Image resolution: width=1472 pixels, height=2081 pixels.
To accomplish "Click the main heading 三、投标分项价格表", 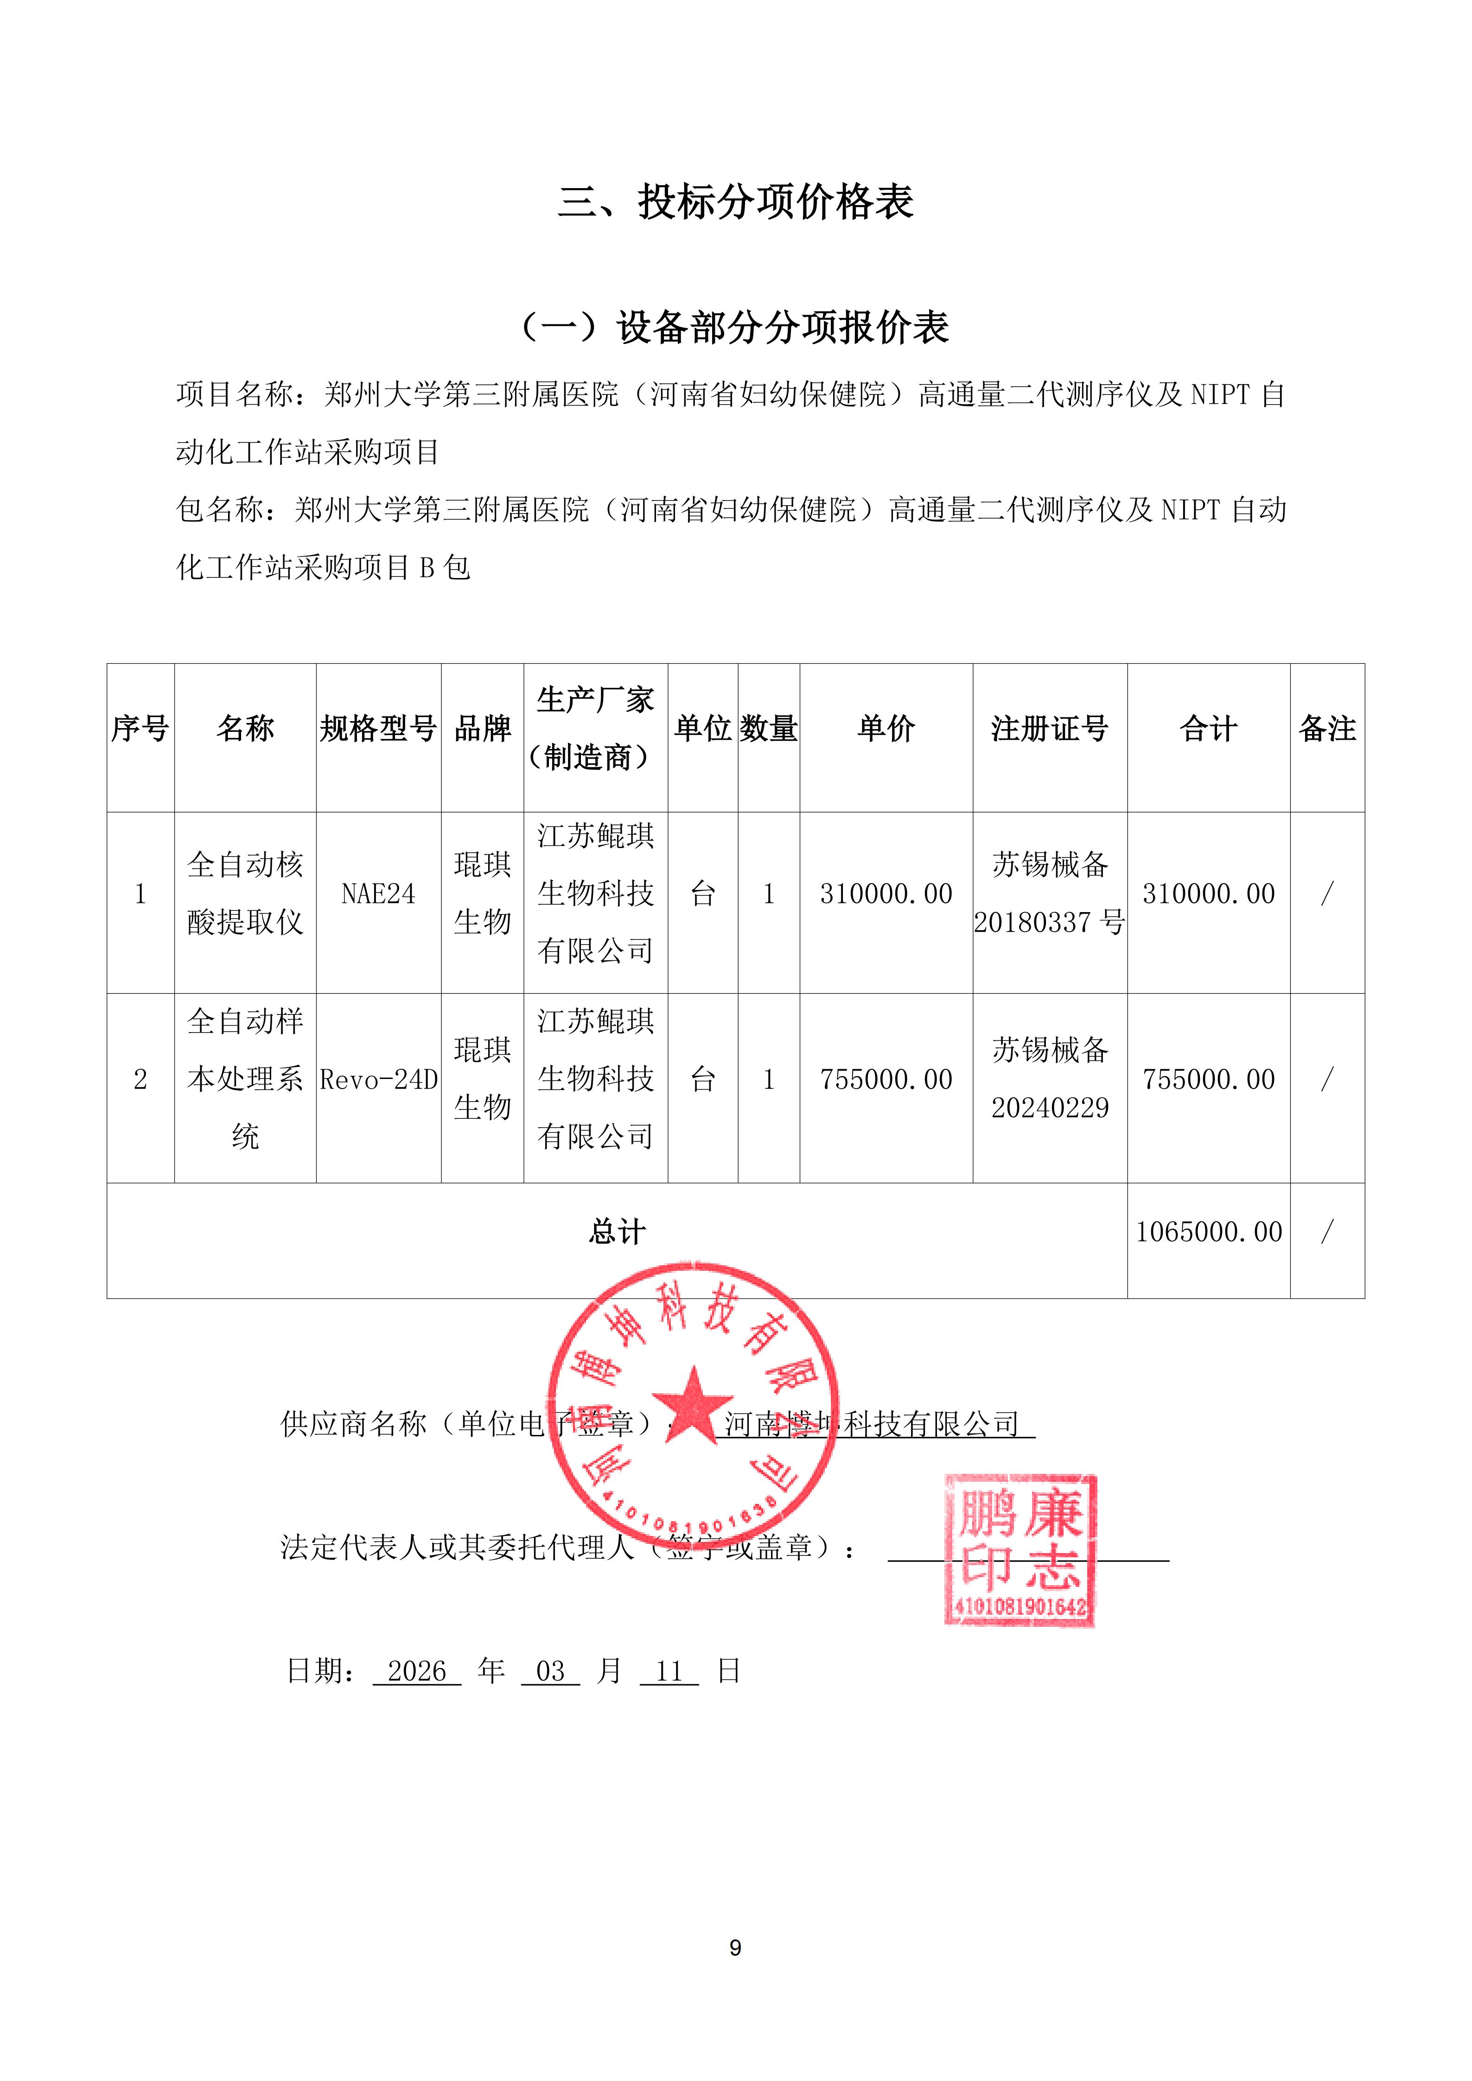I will [735, 201].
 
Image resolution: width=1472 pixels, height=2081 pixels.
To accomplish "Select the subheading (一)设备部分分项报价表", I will [735, 327].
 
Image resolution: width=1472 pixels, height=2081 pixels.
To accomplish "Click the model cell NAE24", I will [378, 894].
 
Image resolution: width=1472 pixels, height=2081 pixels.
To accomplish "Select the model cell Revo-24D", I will [378, 1079].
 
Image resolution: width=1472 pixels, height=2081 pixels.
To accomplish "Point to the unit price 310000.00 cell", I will [886, 894].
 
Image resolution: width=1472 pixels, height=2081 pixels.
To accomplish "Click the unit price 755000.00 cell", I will [886, 1079].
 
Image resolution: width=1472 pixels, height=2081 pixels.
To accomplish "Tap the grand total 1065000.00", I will [1208, 1232].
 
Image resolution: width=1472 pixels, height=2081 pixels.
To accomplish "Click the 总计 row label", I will [616, 1232].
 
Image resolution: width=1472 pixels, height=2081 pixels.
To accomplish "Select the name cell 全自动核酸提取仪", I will [245, 894].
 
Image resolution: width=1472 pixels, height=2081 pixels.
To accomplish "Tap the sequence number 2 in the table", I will [140, 1079].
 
